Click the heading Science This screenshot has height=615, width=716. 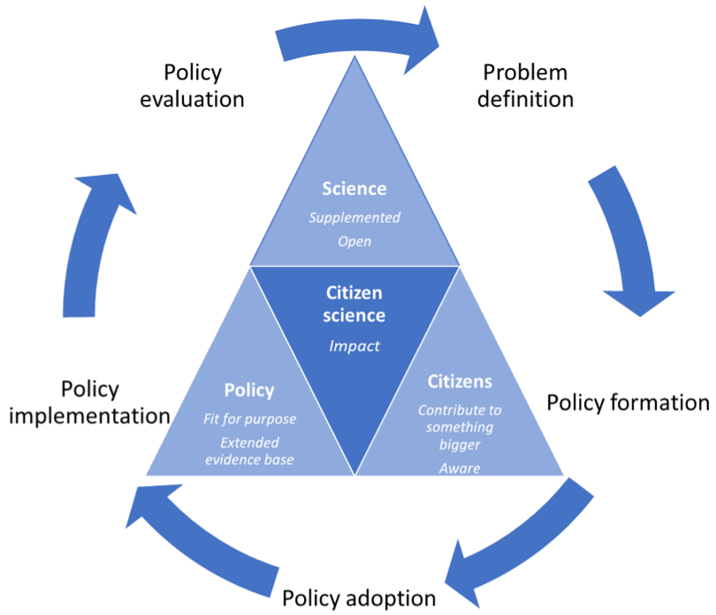point(354,188)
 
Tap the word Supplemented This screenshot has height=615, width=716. point(354,217)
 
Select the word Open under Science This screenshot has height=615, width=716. point(354,241)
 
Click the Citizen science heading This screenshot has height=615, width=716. point(354,303)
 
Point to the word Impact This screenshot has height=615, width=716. point(354,345)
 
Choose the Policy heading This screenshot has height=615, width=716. point(249,390)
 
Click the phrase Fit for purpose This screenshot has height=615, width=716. point(249,419)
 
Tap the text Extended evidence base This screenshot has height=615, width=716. point(249,451)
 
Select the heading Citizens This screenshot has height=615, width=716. point(460,382)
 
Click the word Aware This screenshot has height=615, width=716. point(460,468)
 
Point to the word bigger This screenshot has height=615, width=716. point(460,444)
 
